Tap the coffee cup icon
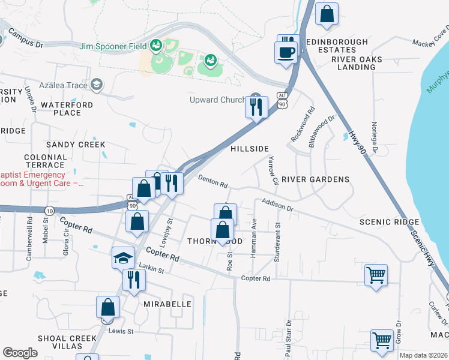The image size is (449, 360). click(x=286, y=52)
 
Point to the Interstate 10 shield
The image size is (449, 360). click(x=49, y=211)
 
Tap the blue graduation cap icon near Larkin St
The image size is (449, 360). click(x=123, y=259)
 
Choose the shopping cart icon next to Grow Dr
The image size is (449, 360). click(x=382, y=340)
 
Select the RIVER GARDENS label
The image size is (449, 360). click(x=315, y=179)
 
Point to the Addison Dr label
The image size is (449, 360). click(x=276, y=205)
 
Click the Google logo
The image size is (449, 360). click(x=20, y=353)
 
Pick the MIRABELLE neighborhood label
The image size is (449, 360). click(x=167, y=304)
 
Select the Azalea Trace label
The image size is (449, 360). click(x=63, y=85)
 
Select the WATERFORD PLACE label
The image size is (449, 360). click(x=61, y=109)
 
